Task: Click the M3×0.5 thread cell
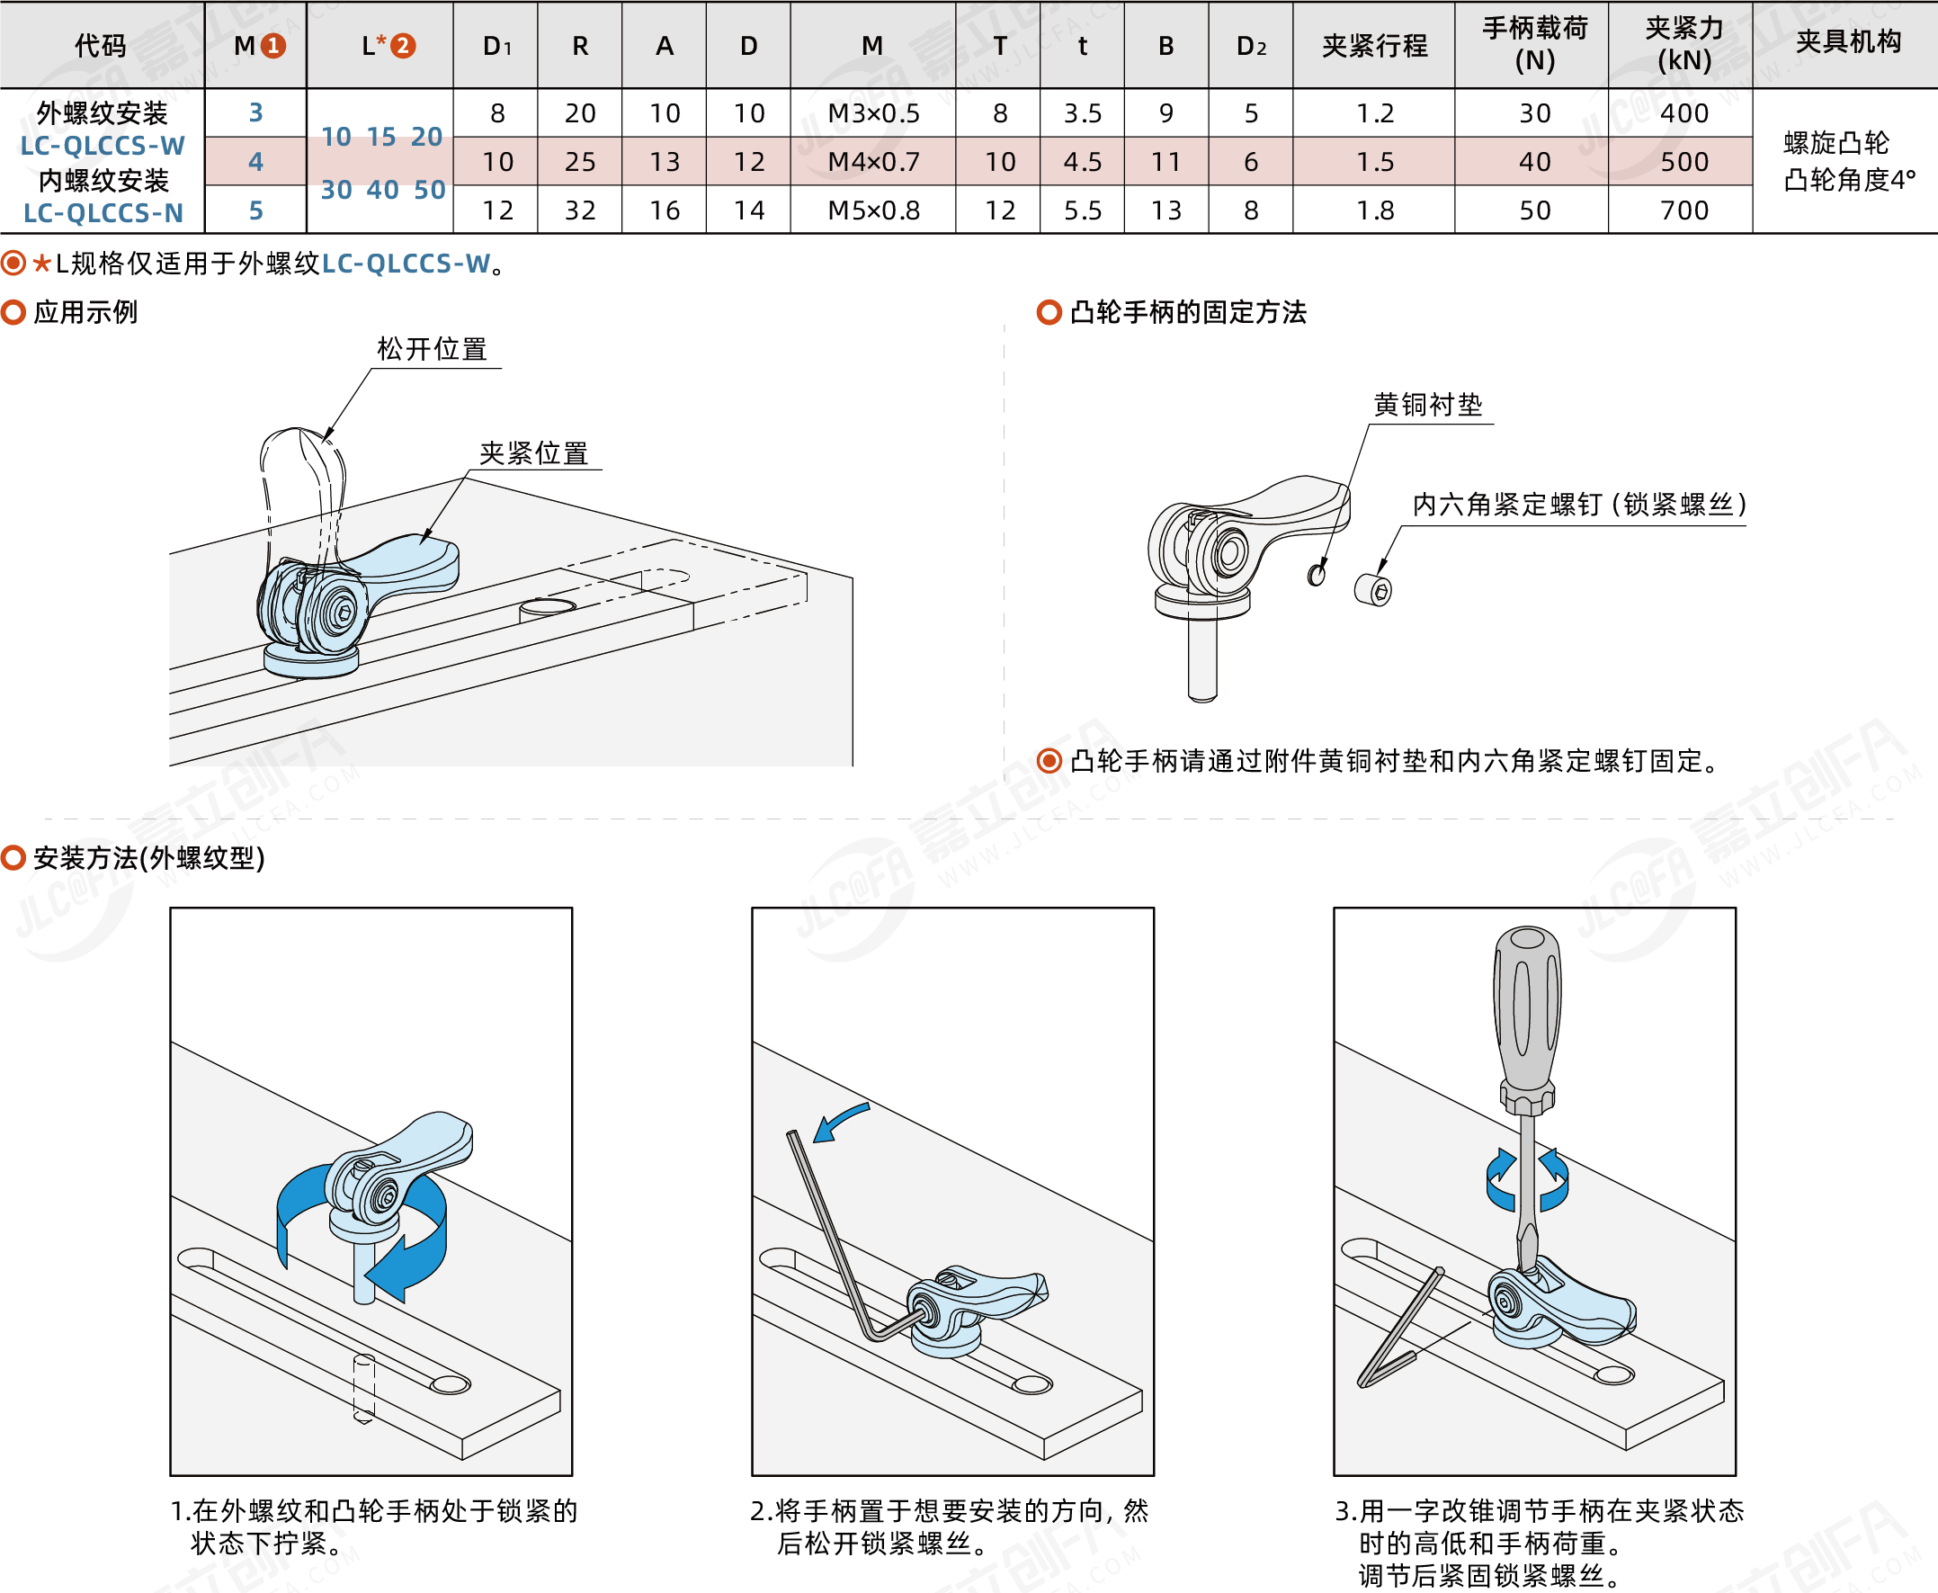coord(873,112)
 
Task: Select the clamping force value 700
coord(1683,210)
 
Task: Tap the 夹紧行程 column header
coord(1374,45)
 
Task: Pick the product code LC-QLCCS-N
coord(103,213)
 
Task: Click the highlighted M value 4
coord(256,162)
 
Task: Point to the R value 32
coord(580,210)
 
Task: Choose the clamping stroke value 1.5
coord(1374,162)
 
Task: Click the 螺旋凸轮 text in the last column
coord(1836,142)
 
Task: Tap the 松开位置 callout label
coord(432,350)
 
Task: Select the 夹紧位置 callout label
coord(534,453)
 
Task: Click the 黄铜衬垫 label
coord(1427,405)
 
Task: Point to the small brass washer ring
coord(1317,575)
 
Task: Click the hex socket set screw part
coord(1373,589)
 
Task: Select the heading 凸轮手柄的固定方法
coord(1188,312)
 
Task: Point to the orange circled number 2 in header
coord(404,45)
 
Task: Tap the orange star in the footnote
coord(42,264)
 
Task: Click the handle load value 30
coord(1534,112)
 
